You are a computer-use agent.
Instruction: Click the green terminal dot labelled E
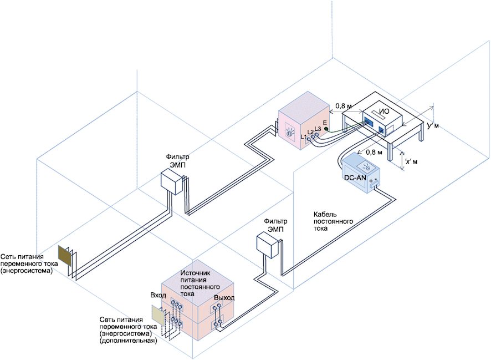pyautogui.click(x=326, y=129)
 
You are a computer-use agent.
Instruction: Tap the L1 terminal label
pyautogui.click(x=303, y=136)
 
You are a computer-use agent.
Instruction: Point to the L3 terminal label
pyautogui.click(x=317, y=129)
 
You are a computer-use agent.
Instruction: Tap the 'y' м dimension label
pyautogui.click(x=433, y=126)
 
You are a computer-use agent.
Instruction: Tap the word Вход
pyautogui.click(x=158, y=295)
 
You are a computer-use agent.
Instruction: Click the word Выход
pyautogui.click(x=224, y=298)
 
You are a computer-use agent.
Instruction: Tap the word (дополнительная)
pyautogui.click(x=129, y=341)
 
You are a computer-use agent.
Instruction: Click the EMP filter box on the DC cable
pyautogui.click(x=267, y=246)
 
